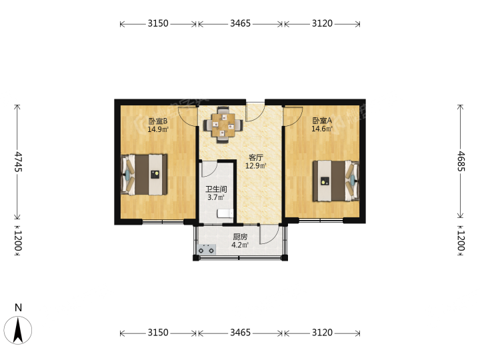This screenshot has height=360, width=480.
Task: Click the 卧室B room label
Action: pyautogui.click(x=158, y=121)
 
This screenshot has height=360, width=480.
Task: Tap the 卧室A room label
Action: pyautogui.click(x=322, y=121)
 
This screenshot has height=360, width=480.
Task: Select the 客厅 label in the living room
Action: pyautogui.click(x=255, y=157)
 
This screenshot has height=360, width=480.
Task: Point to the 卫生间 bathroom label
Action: pyautogui.click(x=216, y=189)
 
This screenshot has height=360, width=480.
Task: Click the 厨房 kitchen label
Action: pyautogui.click(x=240, y=237)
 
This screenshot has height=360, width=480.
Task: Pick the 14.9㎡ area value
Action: pyautogui.click(x=158, y=129)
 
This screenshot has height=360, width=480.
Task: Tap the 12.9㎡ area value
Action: pyautogui.click(x=255, y=166)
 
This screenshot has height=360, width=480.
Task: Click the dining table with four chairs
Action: pyautogui.click(x=223, y=125)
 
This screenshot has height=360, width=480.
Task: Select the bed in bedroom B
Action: pyautogui.click(x=144, y=175)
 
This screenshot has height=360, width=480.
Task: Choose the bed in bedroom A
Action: pyautogui.click(x=336, y=181)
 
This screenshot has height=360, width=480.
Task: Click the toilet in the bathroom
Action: pyautogui.click(x=225, y=213)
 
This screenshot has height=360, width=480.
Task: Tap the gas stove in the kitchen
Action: pyautogui.click(x=206, y=249)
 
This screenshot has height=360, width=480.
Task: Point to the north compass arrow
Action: pyautogui.click(x=18, y=330)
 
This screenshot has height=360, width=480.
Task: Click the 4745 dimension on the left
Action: pyautogui.click(x=18, y=161)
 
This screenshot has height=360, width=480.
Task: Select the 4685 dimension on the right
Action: pyautogui.click(x=461, y=161)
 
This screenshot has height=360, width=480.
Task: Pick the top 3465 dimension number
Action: pyautogui.click(x=240, y=23)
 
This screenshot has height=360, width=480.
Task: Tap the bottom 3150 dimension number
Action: pyautogui.click(x=158, y=333)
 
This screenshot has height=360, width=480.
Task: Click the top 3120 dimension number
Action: pyautogui.click(x=322, y=23)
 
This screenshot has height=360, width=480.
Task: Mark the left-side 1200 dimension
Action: pyautogui.click(x=18, y=240)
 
